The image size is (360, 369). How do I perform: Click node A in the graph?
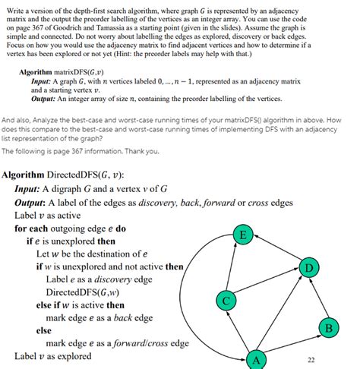tap(256, 360)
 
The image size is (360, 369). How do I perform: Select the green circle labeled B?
tap(327, 328)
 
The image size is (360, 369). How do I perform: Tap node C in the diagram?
tap(226, 299)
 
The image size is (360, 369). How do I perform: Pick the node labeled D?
tap(308, 268)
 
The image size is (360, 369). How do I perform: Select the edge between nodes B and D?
tap(317, 298)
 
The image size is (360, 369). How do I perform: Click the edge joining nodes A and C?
tap(241, 330)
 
